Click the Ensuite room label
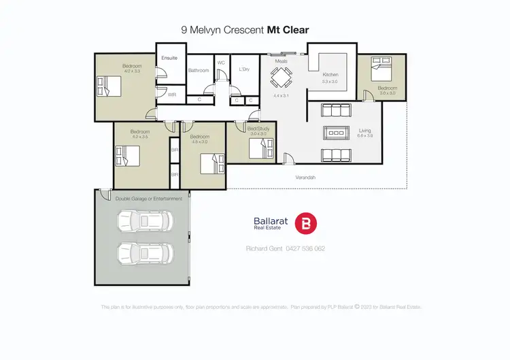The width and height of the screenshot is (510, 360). pos(169,58)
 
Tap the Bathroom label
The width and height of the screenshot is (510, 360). pos(199,70)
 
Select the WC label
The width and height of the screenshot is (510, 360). pos(221,63)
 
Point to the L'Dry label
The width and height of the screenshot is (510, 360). pos(245,67)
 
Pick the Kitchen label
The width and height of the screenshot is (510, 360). pos(330,75)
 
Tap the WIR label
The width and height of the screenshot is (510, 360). pos(172,95)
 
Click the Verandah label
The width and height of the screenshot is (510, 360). pos(305,178)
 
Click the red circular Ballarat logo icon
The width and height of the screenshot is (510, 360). pos(306,224)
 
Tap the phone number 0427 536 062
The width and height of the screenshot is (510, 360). pos(305,248)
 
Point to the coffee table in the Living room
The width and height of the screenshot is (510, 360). pos(336,131)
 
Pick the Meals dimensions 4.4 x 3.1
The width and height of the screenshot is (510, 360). pos(281,96)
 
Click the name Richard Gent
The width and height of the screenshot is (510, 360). pos(262,248)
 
